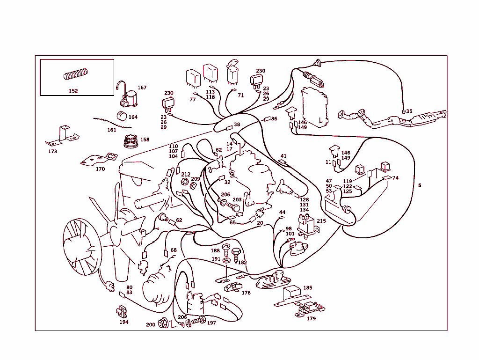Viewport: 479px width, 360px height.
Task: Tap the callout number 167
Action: pyautogui.click(x=142, y=88)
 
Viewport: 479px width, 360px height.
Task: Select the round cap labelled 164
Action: pyautogui.click(x=122, y=117)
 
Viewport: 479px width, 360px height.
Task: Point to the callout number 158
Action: pyautogui.click(x=145, y=140)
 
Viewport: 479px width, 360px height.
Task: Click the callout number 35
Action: pyautogui.click(x=409, y=111)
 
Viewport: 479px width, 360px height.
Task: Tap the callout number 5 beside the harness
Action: pyautogui.click(x=420, y=185)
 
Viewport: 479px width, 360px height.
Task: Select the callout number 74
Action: pyautogui.click(x=395, y=178)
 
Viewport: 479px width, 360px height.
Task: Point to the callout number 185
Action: pyautogui.click(x=308, y=288)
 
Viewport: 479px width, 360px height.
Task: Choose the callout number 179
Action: pyautogui.click(x=311, y=318)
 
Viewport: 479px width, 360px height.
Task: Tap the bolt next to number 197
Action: pyautogui.click(x=198, y=321)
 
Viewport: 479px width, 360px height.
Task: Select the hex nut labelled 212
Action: pyautogui.click(x=184, y=182)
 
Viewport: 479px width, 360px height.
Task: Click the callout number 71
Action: pyautogui.click(x=241, y=96)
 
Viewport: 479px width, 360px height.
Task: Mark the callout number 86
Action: pyautogui.click(x=274, y=119)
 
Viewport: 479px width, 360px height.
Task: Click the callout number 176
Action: pyautogui.click(x=246, y=293)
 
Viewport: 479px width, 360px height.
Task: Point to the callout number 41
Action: pyautogui.click(x=283, y=156)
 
